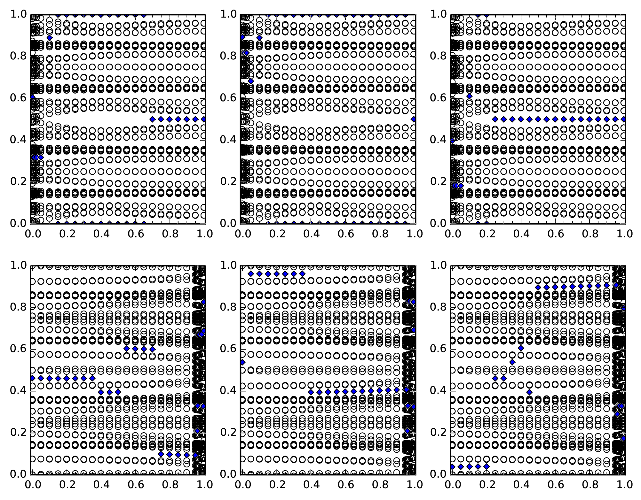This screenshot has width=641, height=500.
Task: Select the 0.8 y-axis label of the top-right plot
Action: click(438, 56)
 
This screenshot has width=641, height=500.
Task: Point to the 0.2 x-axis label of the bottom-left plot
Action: click(67, 484)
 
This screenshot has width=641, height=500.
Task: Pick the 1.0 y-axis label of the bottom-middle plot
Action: click(228, 265)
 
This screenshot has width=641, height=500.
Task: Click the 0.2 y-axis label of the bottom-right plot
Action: click(438, 432)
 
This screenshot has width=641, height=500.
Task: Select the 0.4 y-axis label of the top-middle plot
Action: click(228, 140)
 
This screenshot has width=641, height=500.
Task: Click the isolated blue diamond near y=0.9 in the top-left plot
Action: click(49, 38)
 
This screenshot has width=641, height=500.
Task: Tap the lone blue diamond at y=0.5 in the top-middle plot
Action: click(414, 119)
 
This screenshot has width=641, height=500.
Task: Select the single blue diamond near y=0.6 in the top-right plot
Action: click(469, 96)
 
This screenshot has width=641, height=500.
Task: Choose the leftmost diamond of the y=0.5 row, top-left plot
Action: click(152, 119)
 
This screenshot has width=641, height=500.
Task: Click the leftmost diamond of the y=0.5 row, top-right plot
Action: click(495, 119)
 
